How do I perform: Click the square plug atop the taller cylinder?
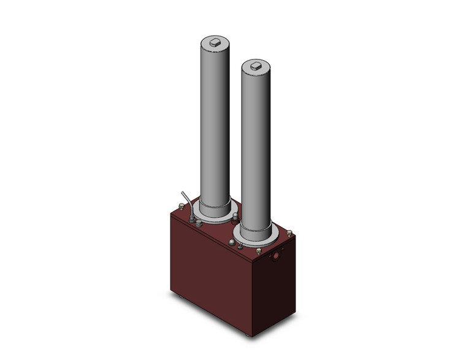[x=215, y=42]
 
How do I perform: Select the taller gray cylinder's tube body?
[x=215, y=123]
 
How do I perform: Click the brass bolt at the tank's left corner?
[x=181, y=207]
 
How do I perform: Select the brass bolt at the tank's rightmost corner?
[x=289, y=234]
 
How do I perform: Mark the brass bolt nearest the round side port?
[x=259, y=251]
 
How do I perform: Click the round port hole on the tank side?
[x=279, y=253]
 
